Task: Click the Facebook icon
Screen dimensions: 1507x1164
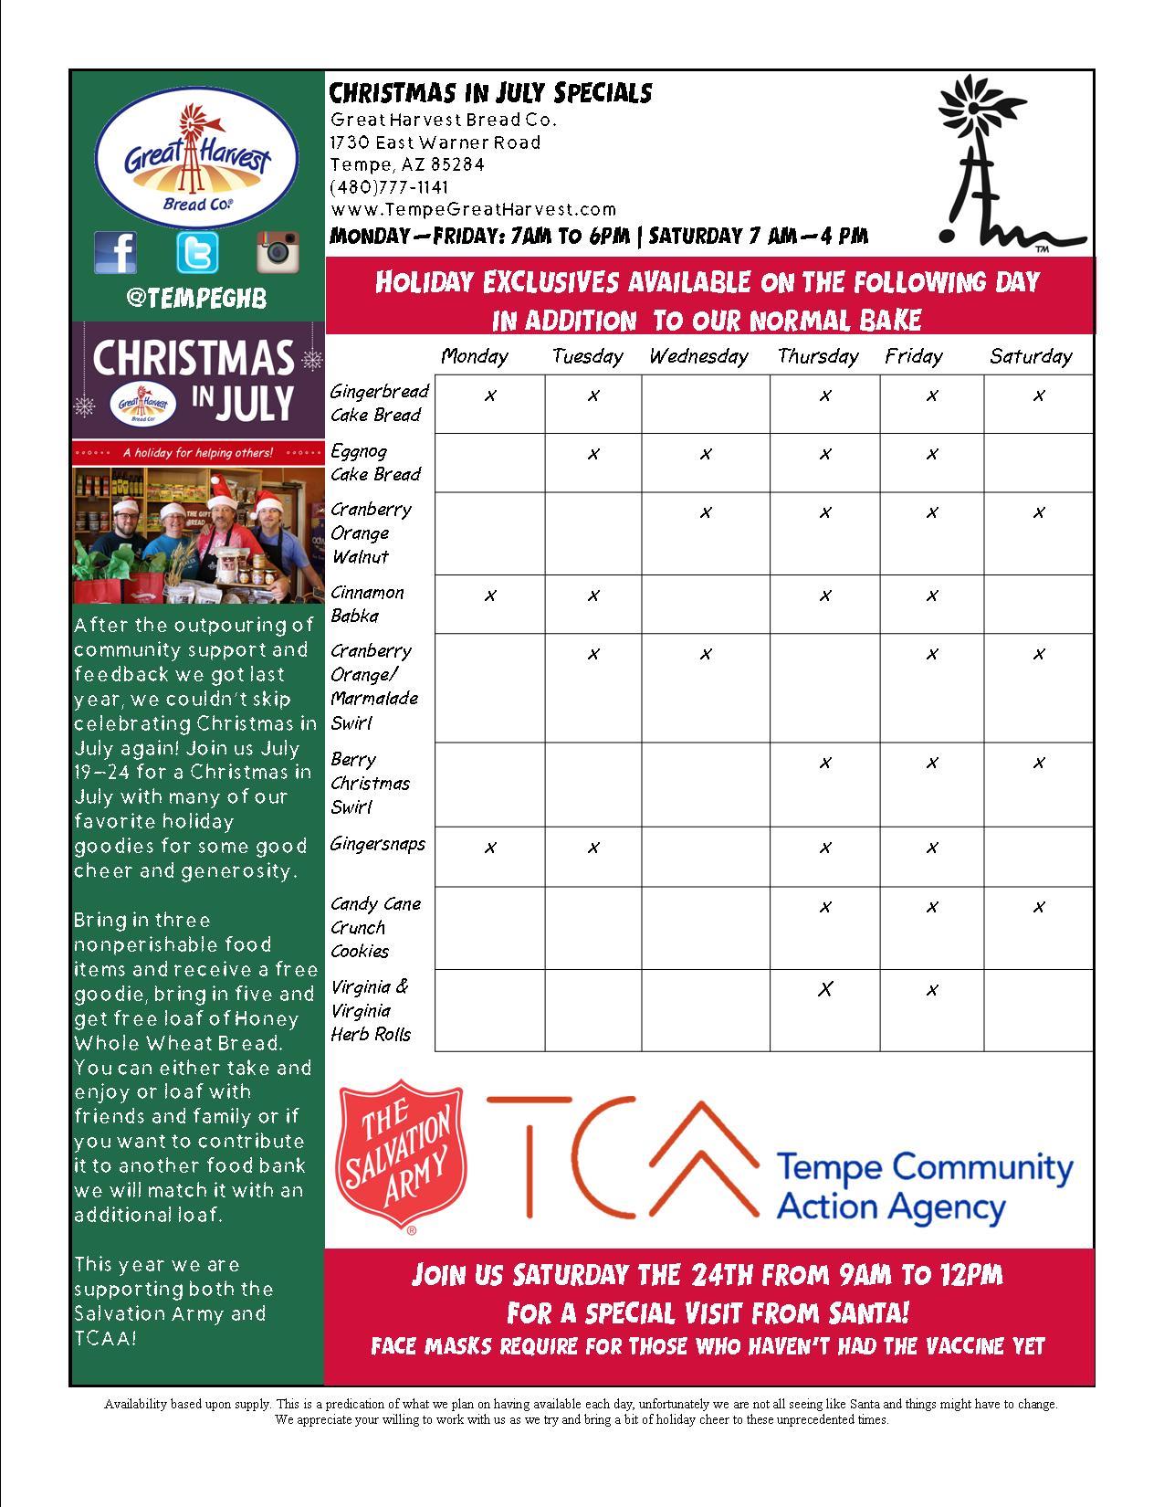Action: [x=116, y=251]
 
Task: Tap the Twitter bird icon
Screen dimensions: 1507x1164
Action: [x=197, y=252]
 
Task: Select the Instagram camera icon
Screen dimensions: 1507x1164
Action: [x=278, y=251]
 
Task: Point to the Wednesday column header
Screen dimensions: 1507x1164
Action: [x=698, y=356]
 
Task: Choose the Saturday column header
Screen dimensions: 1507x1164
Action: [x=1031, y=356]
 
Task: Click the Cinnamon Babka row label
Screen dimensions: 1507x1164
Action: [x=367, y=604]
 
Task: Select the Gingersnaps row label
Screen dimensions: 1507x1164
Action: [x=378, y=843]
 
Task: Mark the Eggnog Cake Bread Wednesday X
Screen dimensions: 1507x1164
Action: [x=705, y=454]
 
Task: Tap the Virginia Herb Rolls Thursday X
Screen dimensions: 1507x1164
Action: [x=825, y=990]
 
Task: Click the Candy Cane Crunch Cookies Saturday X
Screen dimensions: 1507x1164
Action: [x=1039, y=907]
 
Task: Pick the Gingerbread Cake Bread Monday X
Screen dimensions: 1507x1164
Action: [x=490, y=395]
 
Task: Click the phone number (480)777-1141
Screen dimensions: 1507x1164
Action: [x=389, y=187]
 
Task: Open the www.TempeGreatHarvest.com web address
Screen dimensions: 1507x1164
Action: [x=473, y=209]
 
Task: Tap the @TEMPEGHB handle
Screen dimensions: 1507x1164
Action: [x=197, y=299]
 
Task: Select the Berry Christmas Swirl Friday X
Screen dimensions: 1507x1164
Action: [x=932, y=763]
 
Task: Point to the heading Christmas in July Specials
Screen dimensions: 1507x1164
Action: [x=490, y=93]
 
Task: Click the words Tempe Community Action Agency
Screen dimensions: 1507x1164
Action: [x=923, y=1186]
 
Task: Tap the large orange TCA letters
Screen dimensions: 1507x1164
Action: [x=621, y=1160]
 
